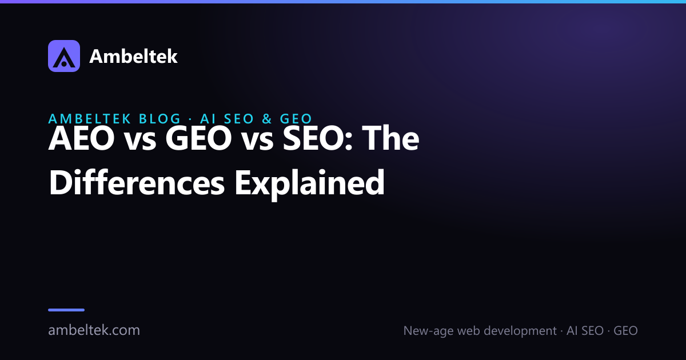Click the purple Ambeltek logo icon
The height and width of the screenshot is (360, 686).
(64, 56)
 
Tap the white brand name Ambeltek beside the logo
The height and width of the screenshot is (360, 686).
(133, 57)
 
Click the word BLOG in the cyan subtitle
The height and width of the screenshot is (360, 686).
(160, 119)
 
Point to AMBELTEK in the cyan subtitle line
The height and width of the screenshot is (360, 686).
(90, 119)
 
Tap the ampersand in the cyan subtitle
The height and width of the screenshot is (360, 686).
(267, 119)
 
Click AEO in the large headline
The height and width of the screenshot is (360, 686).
(81, 139)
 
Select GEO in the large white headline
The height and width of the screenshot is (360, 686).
(198, 139)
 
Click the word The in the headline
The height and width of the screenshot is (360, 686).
(390, 138)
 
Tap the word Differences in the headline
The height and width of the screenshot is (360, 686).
(137, 183)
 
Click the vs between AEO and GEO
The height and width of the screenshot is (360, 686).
(140, 142)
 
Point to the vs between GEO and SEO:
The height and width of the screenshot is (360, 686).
(257, 142)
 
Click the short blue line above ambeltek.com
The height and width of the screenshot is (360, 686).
(66, 310)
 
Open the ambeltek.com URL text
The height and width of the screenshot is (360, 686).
(94, 330)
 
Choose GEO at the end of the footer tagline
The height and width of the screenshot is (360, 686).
(625, 331)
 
